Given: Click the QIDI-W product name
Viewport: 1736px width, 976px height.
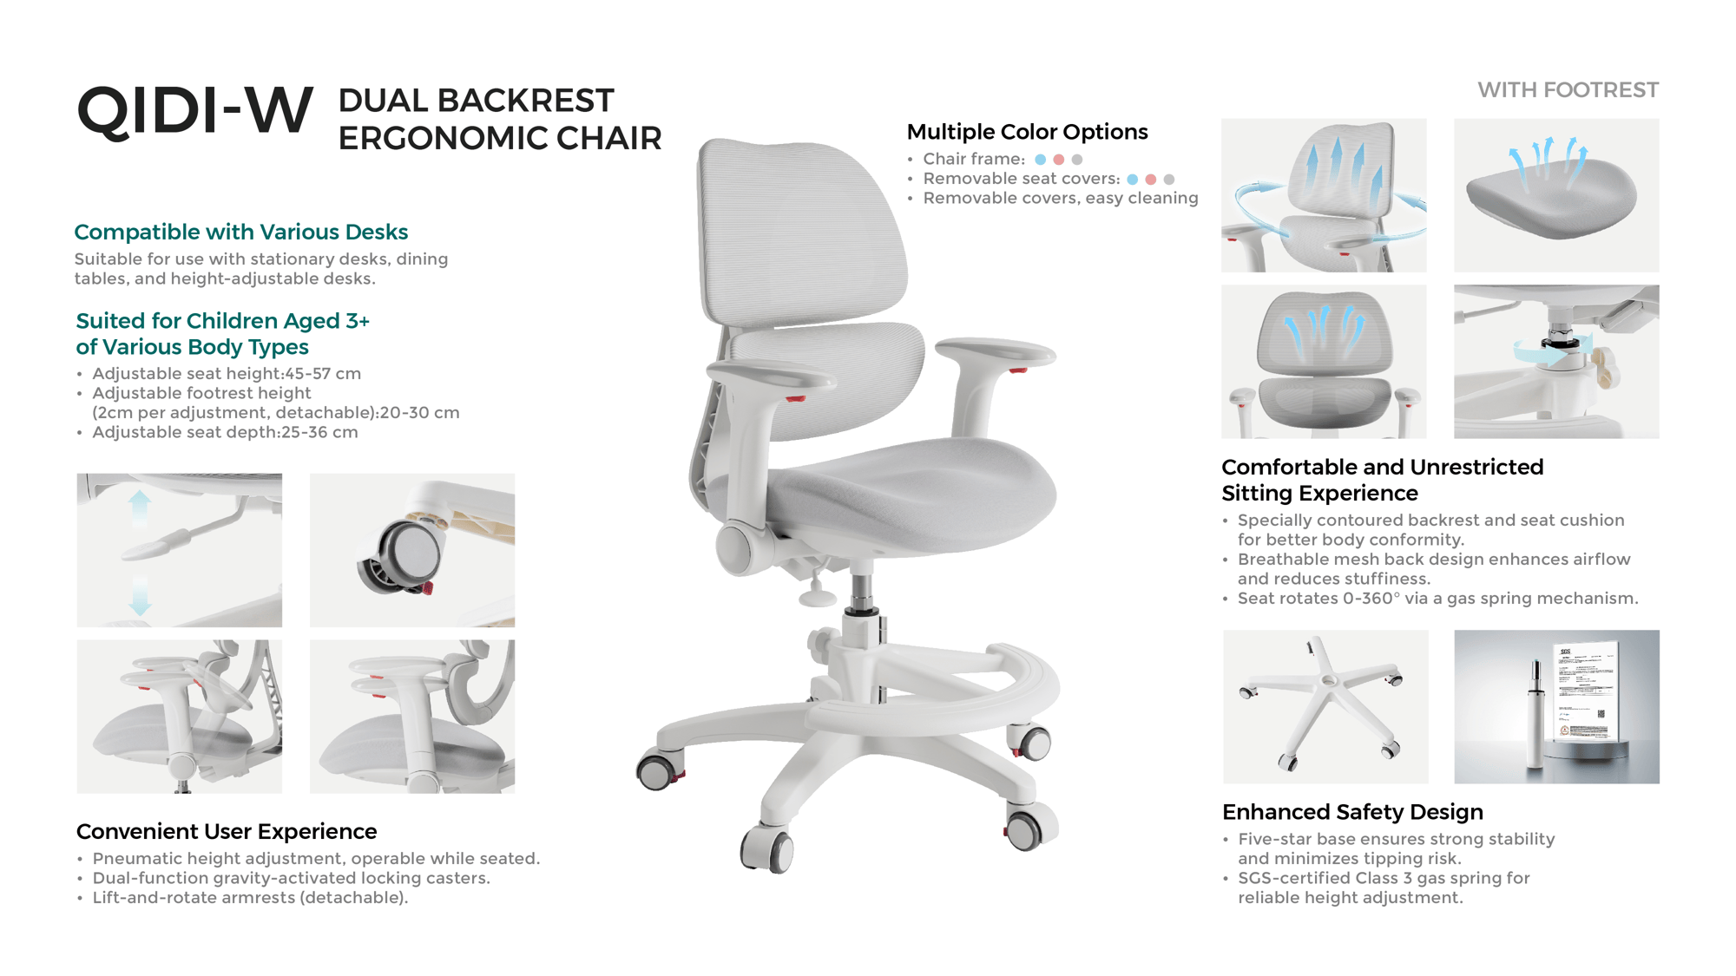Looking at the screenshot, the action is [x=194, y=111].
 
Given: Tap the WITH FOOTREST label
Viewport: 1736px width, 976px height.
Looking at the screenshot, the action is [x=1568, y=90].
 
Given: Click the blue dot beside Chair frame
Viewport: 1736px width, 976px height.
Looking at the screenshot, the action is [x=1040, y=160].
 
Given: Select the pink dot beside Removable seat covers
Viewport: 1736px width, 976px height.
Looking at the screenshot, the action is [x=1151, y=180].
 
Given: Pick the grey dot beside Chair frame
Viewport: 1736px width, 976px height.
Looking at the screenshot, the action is [x=1077, y=160].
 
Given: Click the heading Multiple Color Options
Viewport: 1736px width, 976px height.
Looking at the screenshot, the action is [x=1027, y=132].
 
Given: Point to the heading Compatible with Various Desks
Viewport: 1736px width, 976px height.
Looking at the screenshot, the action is [x=240, y=233].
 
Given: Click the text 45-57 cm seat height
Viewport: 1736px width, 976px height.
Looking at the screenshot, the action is [x=323, y=374].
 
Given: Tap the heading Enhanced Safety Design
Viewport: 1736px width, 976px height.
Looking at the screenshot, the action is [x=1352, y=812].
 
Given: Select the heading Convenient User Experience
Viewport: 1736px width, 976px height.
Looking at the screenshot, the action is [x=227, y=831].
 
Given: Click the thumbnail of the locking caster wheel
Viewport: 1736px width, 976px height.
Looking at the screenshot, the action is [x=412, y=550].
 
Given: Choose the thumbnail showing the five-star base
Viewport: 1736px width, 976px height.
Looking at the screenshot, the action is [x=1325, y=707].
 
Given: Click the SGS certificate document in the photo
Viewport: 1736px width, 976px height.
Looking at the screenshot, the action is [x=1586, y=692].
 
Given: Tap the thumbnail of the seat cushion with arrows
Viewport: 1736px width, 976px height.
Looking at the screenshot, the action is [x=1556, y=195].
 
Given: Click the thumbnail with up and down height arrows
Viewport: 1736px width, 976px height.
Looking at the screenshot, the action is [x=180, y=550].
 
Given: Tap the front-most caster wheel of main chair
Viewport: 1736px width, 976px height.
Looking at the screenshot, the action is [x=767, y=848].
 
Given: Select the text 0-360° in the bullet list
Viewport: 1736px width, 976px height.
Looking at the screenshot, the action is [x=1371, y=599].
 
